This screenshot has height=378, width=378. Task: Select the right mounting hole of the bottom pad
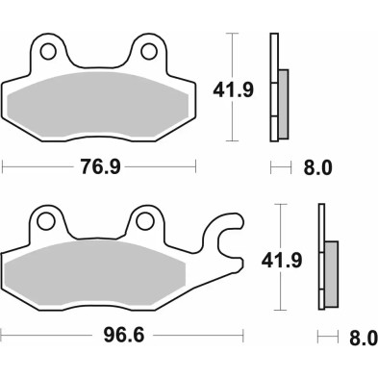[x=144, y=221]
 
